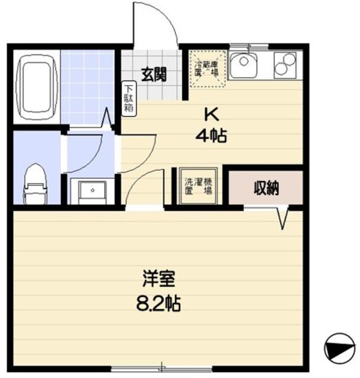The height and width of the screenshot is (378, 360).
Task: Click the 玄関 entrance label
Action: pyautogui.click(x=153, y=75)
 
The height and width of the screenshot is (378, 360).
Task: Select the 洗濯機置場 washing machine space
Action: pyautogui.click(x=197, y=187)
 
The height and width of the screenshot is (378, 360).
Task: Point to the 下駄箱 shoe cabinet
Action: pyautogui.click(x=128, y=99)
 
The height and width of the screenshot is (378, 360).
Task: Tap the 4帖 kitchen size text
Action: pyautogui.click(x=211, y=136)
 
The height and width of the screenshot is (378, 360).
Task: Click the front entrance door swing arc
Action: pyautogui.click(x=157, y=24)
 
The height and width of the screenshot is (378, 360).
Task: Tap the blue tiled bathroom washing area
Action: pyautogui.click(x=87, y=87)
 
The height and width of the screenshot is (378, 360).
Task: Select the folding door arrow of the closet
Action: pyautogui.click(x=284, y=217)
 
